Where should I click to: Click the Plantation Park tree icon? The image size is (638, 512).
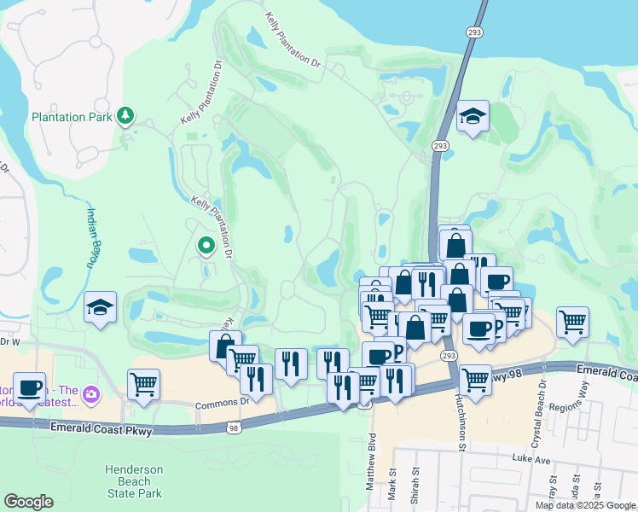pyautogui.click(x=126, y=115)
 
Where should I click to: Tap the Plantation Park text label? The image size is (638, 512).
pyautogui.click(x=72, y=117)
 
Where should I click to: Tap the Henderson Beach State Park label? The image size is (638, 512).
pyautogui.click(x=134, y=481)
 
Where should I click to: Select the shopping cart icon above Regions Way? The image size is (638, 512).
pyautogui.click(x=571, y=323)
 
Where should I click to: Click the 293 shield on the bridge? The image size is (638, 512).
pyautogui.click(x=476, y=32)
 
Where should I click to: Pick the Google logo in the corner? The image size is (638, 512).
pyautogui.click(x=28, y=502)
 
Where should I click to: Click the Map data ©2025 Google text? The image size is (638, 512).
pyautogui.click(x=585, y=505)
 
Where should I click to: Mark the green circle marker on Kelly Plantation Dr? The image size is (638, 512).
pyautogui.click(x=206, y=247)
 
